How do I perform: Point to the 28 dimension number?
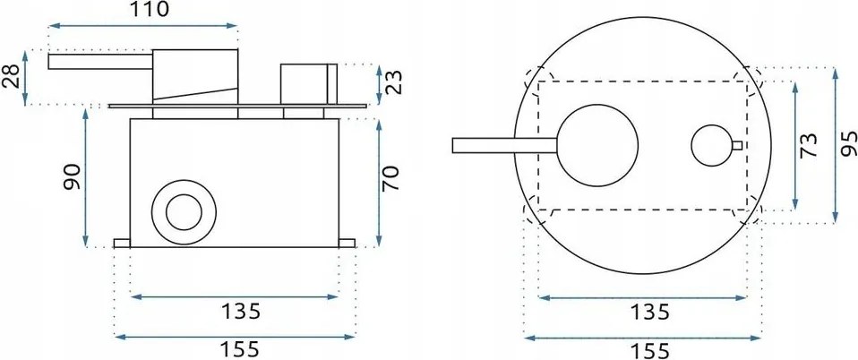pyautogui.click(x=12, y=78)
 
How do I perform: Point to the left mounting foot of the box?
pyautogui.click(x=122, y=243)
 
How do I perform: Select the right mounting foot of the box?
pyautogui.click(x=347, y=243)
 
